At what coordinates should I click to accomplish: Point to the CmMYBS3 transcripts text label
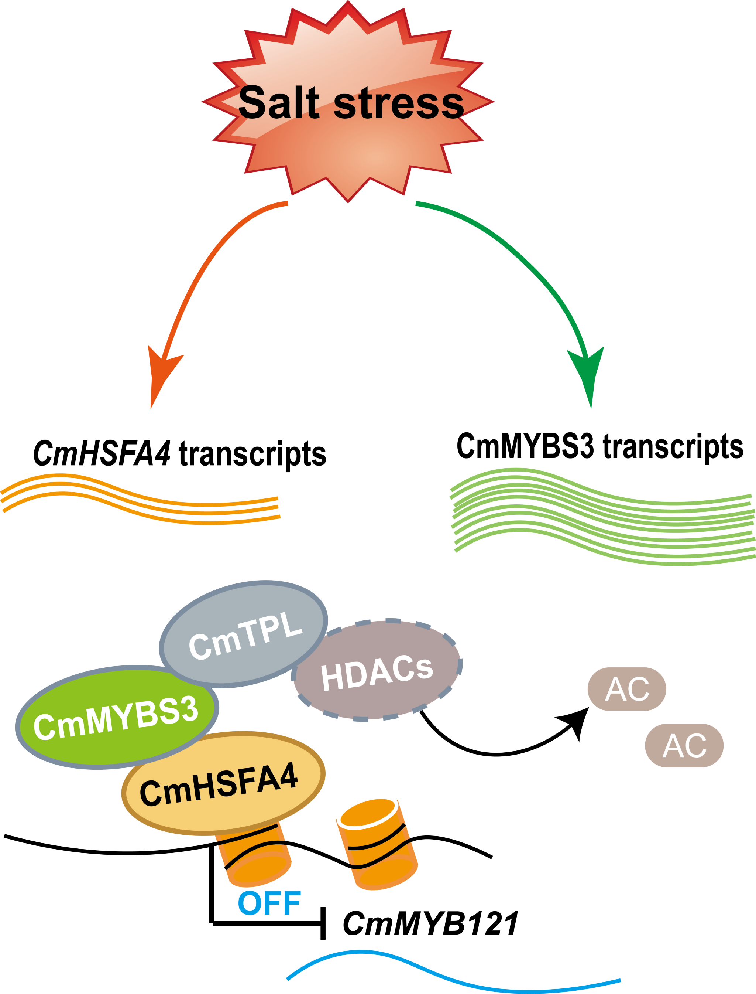pos(599,446)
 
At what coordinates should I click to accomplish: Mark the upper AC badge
pos(627,689)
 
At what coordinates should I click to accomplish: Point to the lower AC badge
pos(684,746)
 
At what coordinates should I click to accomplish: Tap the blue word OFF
pos(269,903)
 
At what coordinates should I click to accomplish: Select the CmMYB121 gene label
pos(431,923)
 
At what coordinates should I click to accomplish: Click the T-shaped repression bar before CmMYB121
pos(323,923)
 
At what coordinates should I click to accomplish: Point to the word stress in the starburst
pos(398,103)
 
